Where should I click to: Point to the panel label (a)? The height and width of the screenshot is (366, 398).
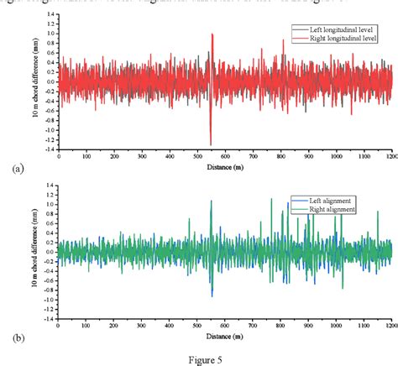tap(18, 170)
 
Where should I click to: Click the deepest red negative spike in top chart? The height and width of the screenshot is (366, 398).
tap(211, 144)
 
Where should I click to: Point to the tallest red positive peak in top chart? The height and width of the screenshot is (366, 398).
tap(212, 34)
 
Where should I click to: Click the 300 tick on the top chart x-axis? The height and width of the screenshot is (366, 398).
tap(142, 156)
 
